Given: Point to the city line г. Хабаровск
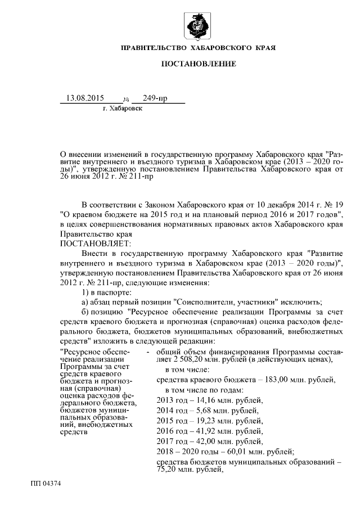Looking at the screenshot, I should tap(123, 108).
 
